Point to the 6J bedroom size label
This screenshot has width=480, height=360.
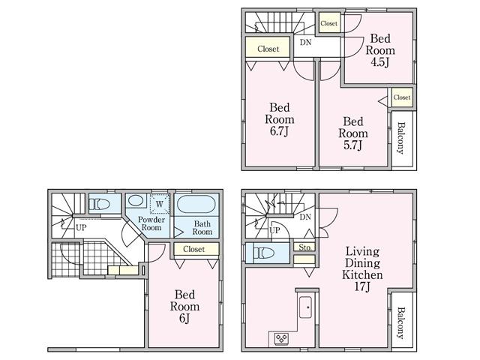point(184,319)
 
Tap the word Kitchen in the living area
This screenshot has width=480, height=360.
point(363,275)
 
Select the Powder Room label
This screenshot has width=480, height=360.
point(152,223)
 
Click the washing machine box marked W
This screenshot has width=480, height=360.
point(159,203)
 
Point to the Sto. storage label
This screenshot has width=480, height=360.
point(305,247)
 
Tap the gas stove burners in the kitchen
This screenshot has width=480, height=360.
point(281,338)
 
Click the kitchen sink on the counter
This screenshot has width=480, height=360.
point(306,307)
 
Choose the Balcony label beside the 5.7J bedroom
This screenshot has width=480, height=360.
point(401,137)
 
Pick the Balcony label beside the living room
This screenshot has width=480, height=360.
point(401,323)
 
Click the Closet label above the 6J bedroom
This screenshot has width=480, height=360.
point(194,249)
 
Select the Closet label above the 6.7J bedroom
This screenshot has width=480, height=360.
point(268,49)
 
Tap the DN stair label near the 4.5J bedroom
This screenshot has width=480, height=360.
point(305,43)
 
